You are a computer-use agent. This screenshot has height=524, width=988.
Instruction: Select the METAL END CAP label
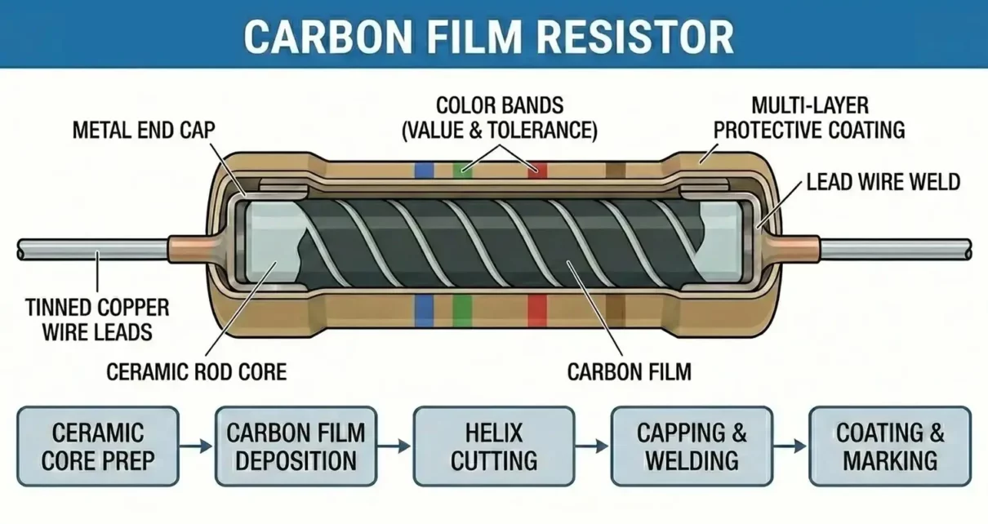point(144,131)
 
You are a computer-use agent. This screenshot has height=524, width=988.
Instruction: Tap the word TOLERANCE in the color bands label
point(548,131)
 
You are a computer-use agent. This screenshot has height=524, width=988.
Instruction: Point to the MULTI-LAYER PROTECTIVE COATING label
point(809,118)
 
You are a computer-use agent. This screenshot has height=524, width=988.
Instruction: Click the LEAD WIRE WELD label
point(883,182)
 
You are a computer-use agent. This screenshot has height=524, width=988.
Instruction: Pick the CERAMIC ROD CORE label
point(197,372)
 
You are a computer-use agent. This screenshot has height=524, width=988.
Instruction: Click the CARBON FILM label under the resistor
point(629,372)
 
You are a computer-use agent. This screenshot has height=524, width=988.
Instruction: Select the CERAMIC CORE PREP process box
point(98,446)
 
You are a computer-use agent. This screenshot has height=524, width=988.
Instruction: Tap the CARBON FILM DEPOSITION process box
point(296,446)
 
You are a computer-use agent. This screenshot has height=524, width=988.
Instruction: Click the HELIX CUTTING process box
point(494,446)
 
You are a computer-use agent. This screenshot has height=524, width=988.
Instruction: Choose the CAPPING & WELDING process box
point(692,446)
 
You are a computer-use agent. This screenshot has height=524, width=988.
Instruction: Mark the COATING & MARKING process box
point(889,446)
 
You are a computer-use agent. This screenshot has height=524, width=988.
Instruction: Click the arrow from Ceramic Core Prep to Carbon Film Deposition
point(197,446)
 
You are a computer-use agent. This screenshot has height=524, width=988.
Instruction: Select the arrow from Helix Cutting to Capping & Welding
point(593,446)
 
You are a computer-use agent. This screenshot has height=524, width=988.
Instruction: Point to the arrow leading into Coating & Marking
point(790,446)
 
